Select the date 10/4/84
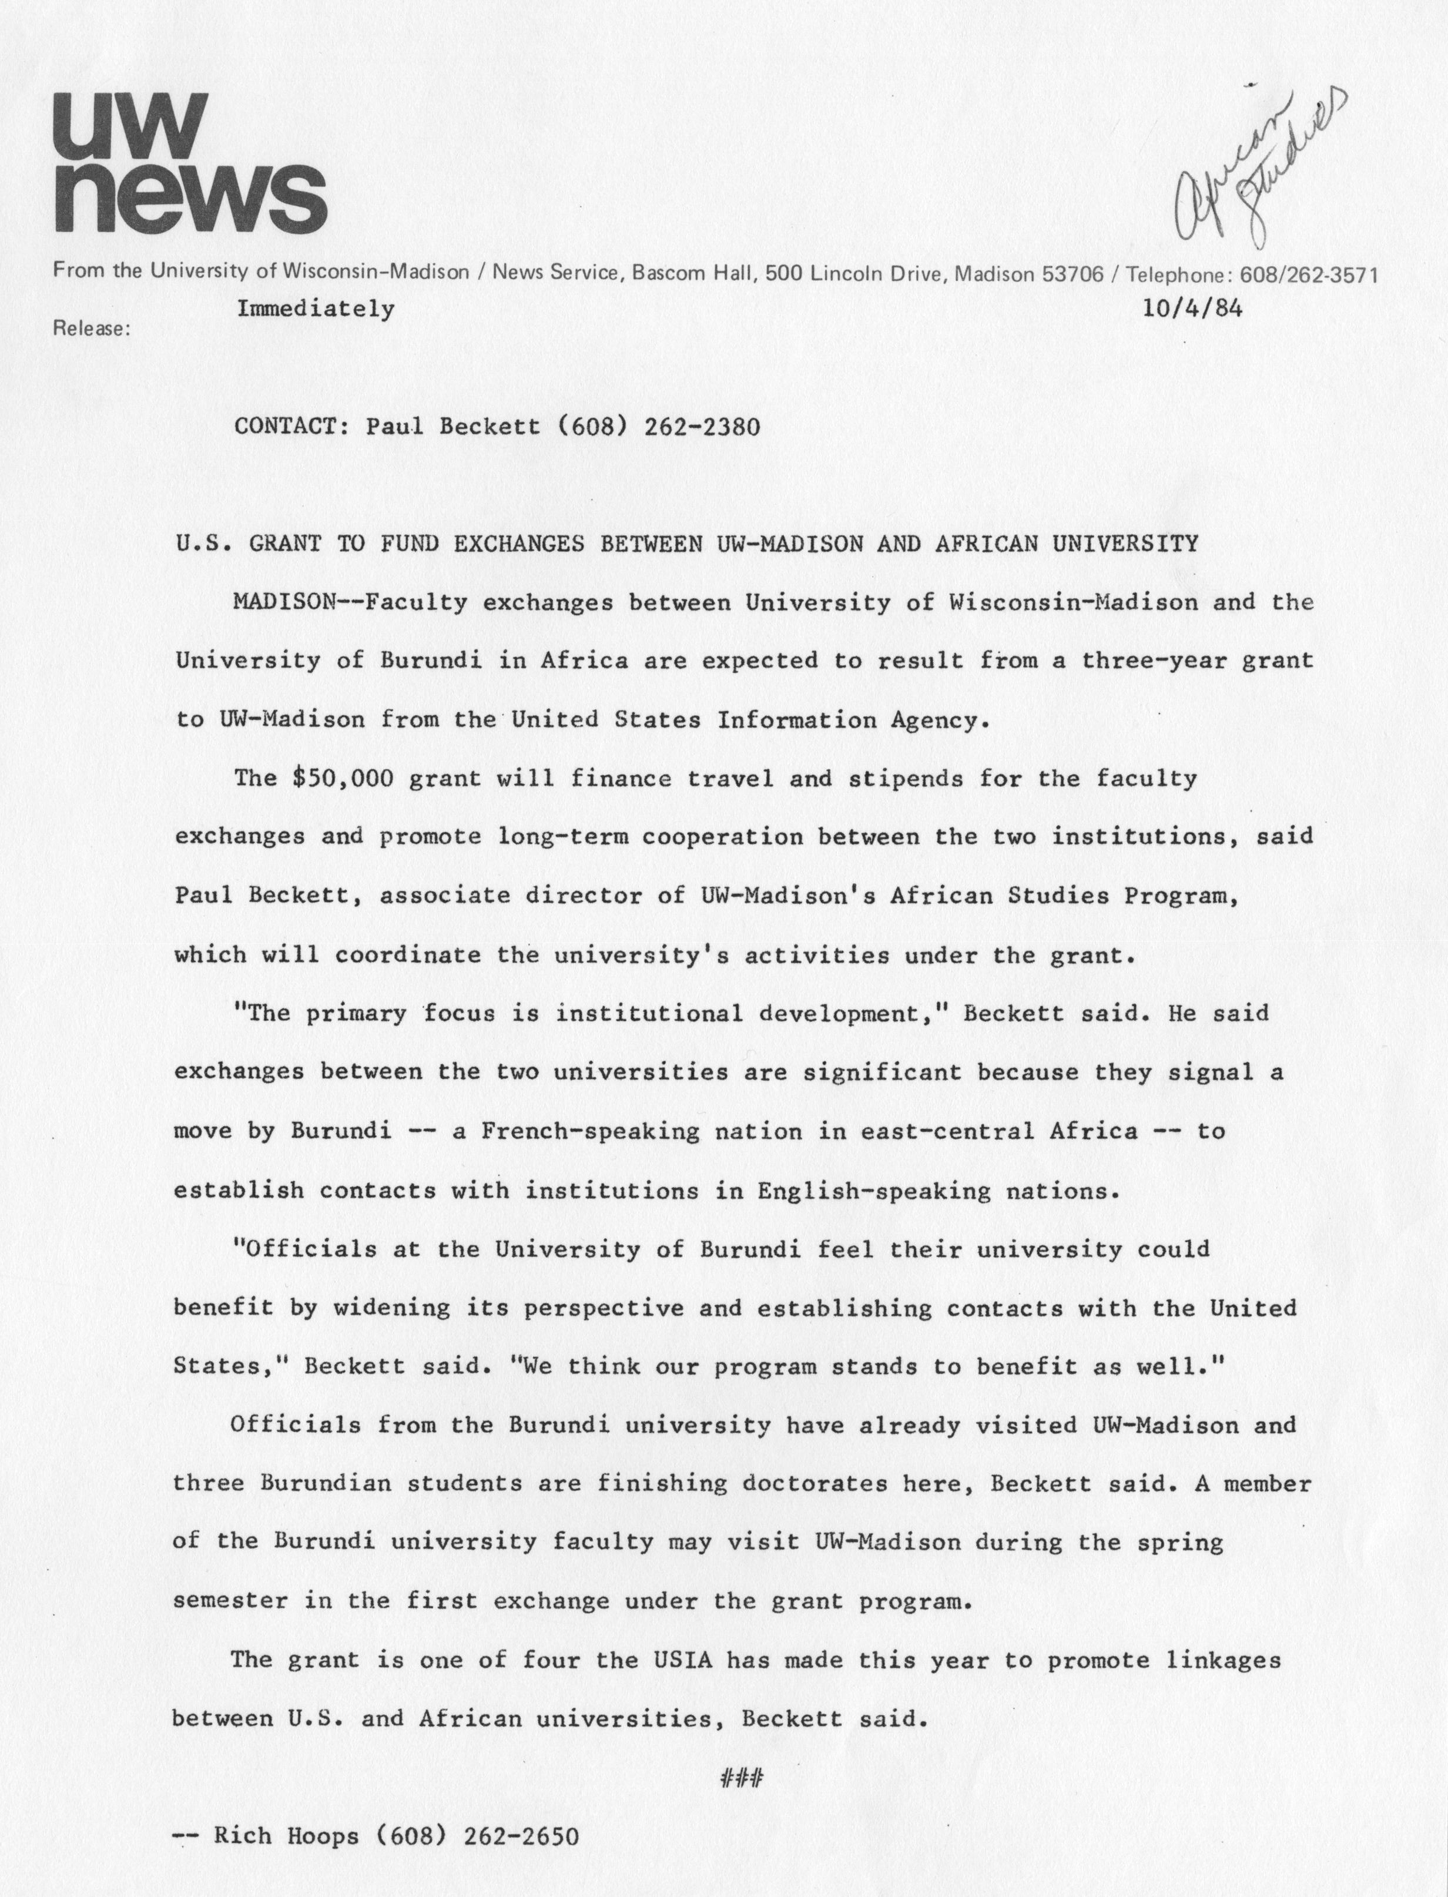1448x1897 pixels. (1192, 309)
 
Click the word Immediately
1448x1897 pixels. (316, 309)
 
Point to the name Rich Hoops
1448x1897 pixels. (285, 1836)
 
